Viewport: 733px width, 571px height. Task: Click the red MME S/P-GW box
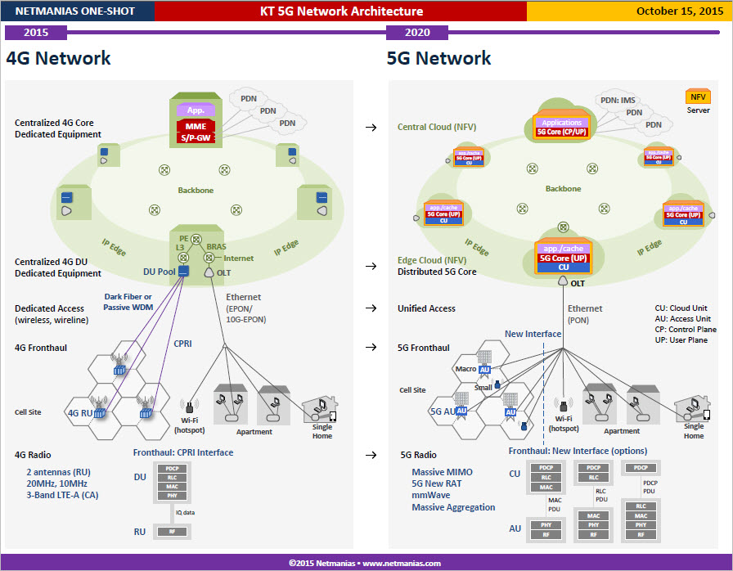pyautogui.click(x=196, y=132)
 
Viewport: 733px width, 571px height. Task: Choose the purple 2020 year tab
pyautogui.click(x=417, y=33)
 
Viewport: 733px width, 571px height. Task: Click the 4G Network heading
pyautogui.click(x=58, y=58)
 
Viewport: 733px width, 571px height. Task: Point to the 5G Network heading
pyautogui.click(x=438, y=58)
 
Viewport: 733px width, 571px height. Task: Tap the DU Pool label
pyautogui.click(x=160, y=271)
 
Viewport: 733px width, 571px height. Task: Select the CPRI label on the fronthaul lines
pyautogui.click(x=182, y=344)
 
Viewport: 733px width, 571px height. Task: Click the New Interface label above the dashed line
pyautogui.click(x=533, y=334)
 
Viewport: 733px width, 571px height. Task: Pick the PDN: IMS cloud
pyautogui.click(x=617, y=101)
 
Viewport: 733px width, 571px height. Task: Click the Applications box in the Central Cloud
pyautogui.click(x=561, y=123)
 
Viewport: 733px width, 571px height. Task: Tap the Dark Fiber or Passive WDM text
pyautogui.click(x=128, y=302)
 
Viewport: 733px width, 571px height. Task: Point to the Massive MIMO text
pyautogui.click(x=442, y=472)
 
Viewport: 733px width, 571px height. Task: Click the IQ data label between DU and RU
pyautogui.click(x=184, y=512)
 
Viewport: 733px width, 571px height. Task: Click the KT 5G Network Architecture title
pyautogui.click(x=341, y=11)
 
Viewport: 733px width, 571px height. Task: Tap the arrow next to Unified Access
pyautogui.click(x=371, y=308)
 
